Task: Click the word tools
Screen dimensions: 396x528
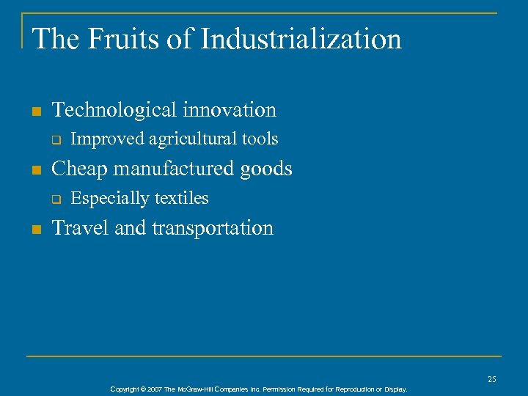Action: click(x=260, y=139)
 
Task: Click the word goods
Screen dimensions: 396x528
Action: click(x=266, y=169)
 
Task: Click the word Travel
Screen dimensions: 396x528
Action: click(x=81, y=228)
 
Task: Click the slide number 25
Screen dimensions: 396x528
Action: click(x=492, y=379)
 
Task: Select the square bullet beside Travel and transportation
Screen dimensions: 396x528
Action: click(x=37, y=230)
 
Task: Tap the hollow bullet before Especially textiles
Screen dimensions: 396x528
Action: click(x=55, y=199)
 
